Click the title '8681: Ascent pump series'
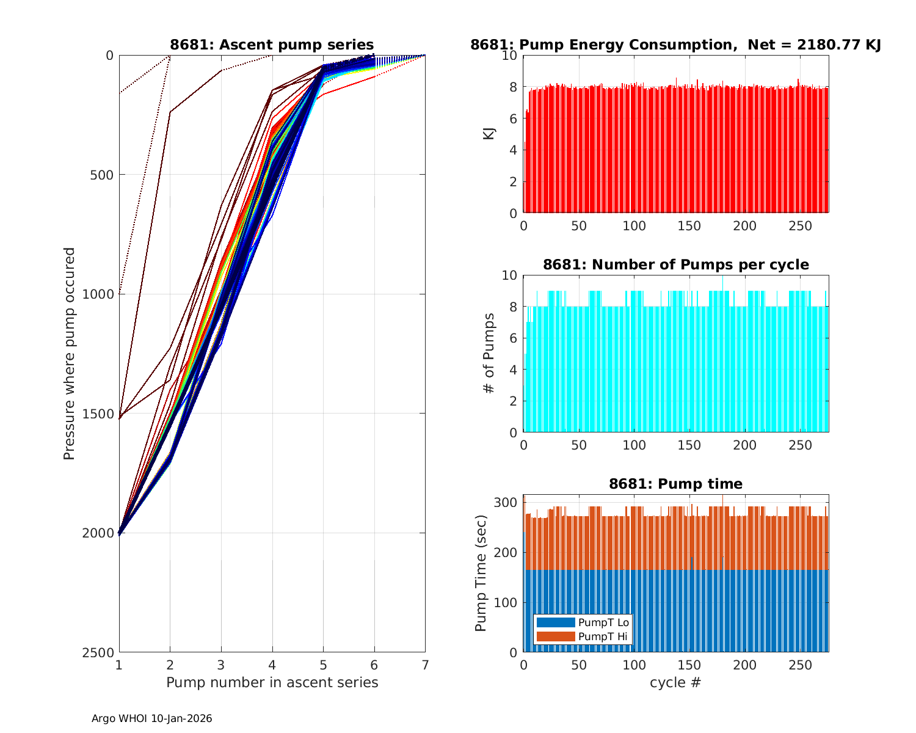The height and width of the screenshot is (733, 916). [272, 45]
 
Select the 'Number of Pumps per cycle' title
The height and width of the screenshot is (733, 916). [675, 264]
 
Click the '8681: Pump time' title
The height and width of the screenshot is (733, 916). [675, 484]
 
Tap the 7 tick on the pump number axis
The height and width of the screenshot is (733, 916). [425, 665]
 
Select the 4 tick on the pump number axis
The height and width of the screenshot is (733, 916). [272, 665]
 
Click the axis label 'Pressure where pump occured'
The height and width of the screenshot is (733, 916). [70, 354]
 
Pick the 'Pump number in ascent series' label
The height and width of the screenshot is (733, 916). [272, 682]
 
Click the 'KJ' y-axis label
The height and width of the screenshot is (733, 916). [489, 134]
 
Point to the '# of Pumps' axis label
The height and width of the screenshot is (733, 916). [489, 354]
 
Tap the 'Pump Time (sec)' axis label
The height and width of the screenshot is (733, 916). [481, 573]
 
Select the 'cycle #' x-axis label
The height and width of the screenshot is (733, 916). [675, 682]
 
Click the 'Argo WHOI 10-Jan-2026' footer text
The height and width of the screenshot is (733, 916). [151, 719]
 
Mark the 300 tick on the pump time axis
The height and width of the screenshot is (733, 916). [509, 503]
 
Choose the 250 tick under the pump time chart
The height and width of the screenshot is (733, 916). [801, 665]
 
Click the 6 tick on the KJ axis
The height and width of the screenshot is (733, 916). [513, 119]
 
